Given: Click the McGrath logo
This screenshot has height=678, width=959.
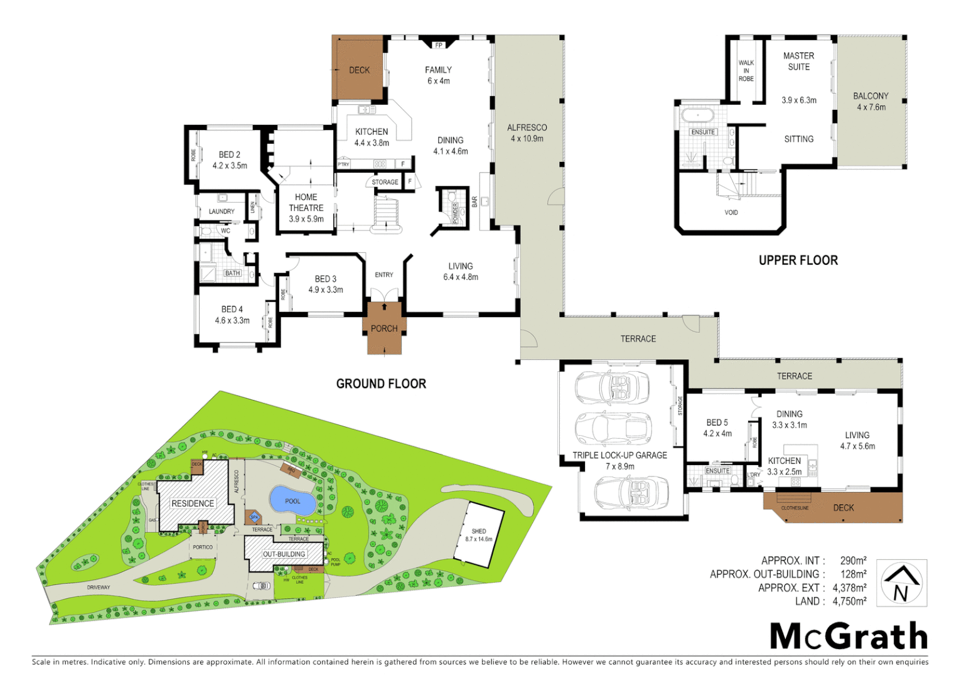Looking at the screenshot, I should coord(849,636).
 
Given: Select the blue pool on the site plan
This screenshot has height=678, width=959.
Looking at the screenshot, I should coord(292,500).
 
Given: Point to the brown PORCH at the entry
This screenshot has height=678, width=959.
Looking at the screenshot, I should coord(384,328).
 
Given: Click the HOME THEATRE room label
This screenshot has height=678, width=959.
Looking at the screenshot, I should coord(306,208).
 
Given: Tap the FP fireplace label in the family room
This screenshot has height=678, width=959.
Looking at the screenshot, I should coord(439,45).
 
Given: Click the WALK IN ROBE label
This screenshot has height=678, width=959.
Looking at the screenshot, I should coord(746,71).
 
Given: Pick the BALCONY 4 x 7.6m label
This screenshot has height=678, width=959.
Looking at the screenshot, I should coord(871,101).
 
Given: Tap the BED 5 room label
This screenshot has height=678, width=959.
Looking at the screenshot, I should coord(717,422).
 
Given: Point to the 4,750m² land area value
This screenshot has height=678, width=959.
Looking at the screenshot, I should coord(849,601).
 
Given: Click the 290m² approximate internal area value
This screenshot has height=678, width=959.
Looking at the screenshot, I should coord(853,561).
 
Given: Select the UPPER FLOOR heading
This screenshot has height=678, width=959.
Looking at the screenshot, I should coord(798,260).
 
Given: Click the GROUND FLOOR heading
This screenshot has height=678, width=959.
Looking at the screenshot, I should coord(381,384).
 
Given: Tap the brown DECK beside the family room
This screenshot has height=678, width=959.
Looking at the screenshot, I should coord(358,69).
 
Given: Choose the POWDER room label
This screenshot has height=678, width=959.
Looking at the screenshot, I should coord(456,212).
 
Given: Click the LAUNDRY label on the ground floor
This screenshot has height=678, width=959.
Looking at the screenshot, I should coord(222,212).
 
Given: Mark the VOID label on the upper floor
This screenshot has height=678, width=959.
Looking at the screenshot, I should coord(731,212).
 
